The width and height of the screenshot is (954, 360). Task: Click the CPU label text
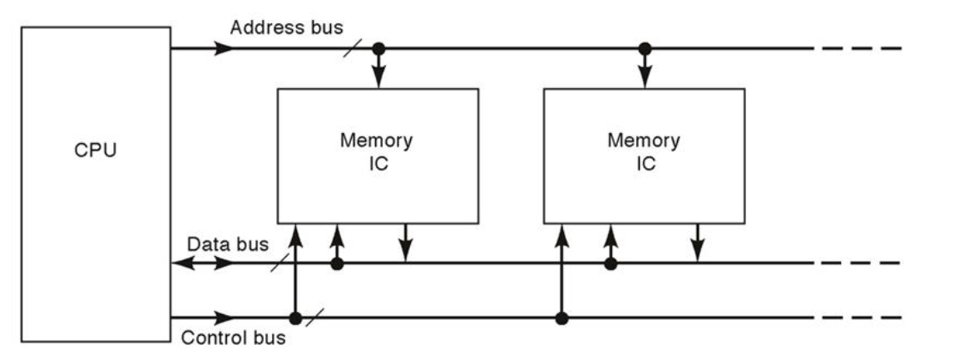(x=95, y=153)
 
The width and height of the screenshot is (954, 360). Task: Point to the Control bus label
(x=234, y=339)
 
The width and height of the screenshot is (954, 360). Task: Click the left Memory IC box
(x=377, y=155)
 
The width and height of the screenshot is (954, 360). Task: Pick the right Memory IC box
(x=644, y=155)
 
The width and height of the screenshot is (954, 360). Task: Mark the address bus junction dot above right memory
(x=645, y=48)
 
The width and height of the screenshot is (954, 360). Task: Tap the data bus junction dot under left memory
(x=337, y=264)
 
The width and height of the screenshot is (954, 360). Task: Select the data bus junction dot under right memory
(x=610, y=264)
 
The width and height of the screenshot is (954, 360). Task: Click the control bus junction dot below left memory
(x=294, y=318)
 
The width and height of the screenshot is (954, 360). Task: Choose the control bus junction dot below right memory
(x=561, y=318)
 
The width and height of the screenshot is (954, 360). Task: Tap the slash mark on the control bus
(x=314, y=318)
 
